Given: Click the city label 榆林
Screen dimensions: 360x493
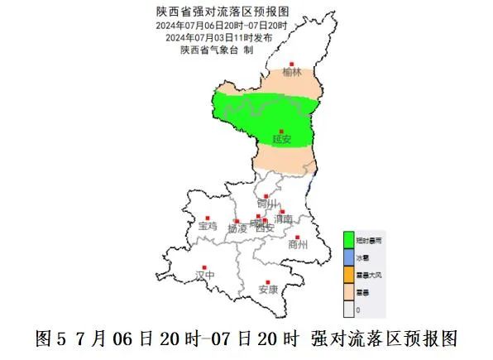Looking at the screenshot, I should [291, 73].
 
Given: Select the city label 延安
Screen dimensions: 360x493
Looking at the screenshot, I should [281, 140].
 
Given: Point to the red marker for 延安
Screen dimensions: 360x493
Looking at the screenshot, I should [281, 131].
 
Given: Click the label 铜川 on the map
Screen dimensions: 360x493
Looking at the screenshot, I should [266, 204].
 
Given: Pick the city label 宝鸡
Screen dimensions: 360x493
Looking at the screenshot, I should [207, 225].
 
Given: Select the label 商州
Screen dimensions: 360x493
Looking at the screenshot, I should [297, 245].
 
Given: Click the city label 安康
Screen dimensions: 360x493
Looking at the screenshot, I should [268, 290].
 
